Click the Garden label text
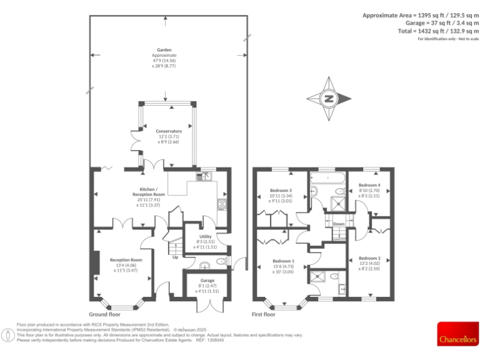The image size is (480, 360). coord(164,50)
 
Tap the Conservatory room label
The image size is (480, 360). coord(169,131)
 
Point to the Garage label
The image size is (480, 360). coord(207,281)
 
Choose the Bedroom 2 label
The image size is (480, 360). coord(369,258)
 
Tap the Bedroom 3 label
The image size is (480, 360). coord(281,191)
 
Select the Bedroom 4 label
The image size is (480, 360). coord(369,185)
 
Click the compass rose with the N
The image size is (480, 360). coord(328,98)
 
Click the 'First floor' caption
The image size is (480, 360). coord(263,314)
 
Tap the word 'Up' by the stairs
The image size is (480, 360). coord(175,256)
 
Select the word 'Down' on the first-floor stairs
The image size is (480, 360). coord(338,223)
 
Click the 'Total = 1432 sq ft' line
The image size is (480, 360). coord(437,31)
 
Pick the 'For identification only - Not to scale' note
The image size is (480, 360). coord(447,39)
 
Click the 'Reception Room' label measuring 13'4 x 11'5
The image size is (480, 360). coord(126,260)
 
